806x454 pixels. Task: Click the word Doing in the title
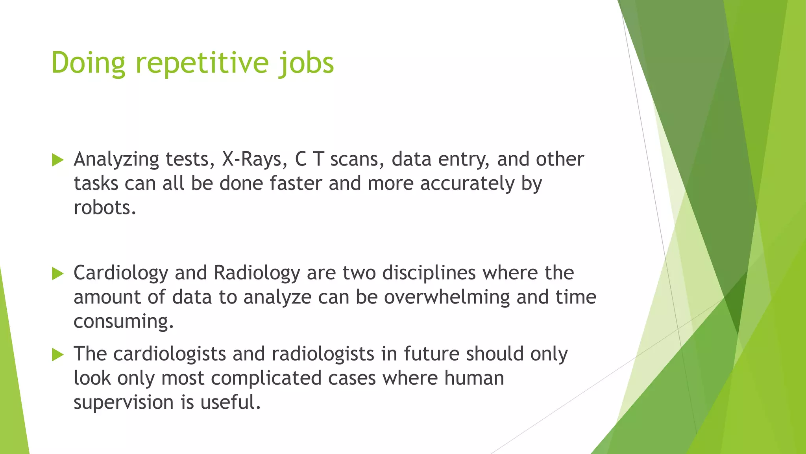88,63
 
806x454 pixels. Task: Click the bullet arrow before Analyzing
57,160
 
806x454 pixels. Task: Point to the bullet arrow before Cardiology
57,274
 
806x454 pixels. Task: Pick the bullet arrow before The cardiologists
57,355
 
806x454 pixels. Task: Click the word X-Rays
252,159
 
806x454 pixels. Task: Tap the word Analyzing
116,159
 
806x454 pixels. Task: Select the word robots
105,208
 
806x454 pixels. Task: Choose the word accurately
467,184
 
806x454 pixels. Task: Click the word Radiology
257,273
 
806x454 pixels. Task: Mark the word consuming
123,322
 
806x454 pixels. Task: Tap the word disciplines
429,273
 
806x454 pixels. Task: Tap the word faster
296,184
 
